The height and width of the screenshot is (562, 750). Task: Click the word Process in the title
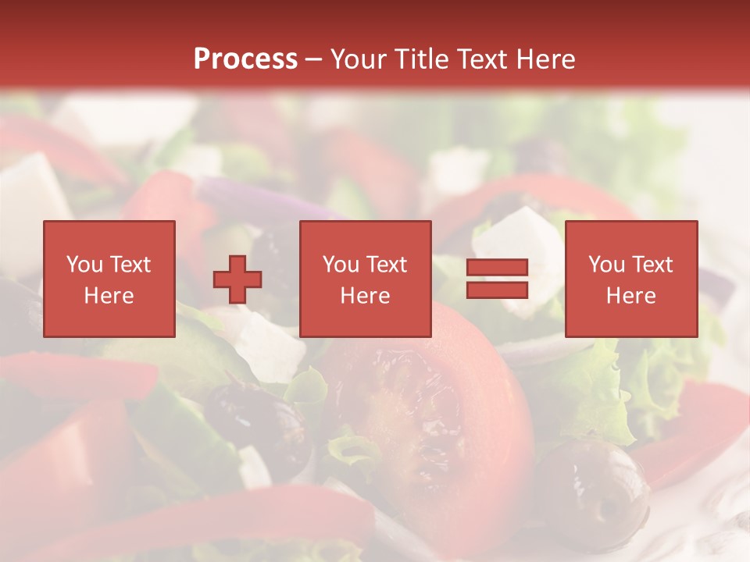coord(245,59)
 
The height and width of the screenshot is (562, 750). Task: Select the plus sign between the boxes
coord(237,279)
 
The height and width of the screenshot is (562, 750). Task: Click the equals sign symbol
coord(497,279)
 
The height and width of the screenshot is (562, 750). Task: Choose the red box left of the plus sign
coord(109,279)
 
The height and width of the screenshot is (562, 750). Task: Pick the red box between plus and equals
coord(365,279)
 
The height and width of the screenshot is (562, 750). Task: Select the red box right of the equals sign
coord(630,279)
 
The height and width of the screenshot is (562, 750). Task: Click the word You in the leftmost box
coord(84,265)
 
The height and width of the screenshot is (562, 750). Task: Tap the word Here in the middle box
coord(365,296)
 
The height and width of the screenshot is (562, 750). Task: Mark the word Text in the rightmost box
coord(652,265)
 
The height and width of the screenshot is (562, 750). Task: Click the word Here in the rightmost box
coord(630,296)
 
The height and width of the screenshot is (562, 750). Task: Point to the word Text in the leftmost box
coord(130,265)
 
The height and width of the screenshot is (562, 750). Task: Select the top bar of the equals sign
coord(497,268)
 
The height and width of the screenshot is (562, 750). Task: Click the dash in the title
coord(313,59)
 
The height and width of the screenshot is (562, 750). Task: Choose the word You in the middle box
coord(341,265)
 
